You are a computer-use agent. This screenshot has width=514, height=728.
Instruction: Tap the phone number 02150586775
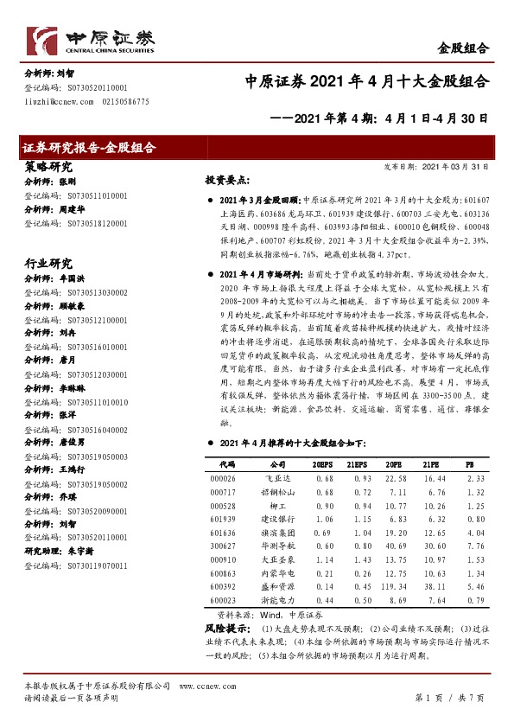coord(126,102)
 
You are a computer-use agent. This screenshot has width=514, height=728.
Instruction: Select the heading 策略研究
coord(48,167)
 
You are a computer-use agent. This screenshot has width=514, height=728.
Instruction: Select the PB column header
coord(470,464)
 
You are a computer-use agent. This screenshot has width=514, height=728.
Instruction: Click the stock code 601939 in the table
coord(222,520)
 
